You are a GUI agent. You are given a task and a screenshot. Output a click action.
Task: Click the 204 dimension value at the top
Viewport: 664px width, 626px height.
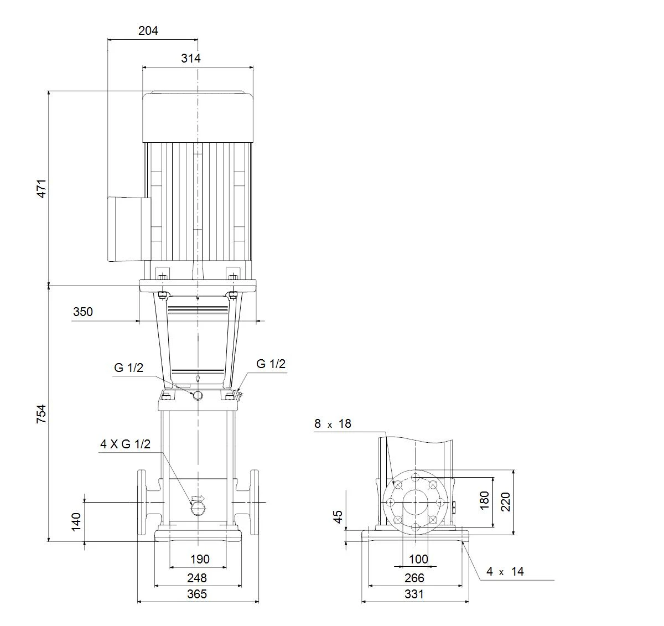click(148, 31)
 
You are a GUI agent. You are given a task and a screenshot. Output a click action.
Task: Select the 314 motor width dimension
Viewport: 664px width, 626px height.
click(191, 59)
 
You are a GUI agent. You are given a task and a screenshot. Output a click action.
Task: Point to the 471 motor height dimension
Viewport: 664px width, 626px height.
click(41, 189)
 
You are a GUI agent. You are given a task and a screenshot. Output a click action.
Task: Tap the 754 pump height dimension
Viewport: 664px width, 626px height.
click(41, 414)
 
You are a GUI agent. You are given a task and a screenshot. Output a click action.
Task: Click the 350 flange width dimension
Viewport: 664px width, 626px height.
click(83, 312)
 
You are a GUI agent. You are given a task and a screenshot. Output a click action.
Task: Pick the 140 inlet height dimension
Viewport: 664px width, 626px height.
click(76, 521)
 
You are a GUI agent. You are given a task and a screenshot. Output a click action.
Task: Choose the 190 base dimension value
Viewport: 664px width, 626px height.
click(200, 559)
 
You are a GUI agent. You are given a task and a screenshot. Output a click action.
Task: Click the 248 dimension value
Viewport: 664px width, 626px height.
click(197, 578)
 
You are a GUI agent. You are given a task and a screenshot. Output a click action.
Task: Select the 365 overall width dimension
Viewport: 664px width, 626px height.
click(197, 594)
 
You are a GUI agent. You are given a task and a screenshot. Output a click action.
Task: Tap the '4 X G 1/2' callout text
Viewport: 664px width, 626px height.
click(126, 444)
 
